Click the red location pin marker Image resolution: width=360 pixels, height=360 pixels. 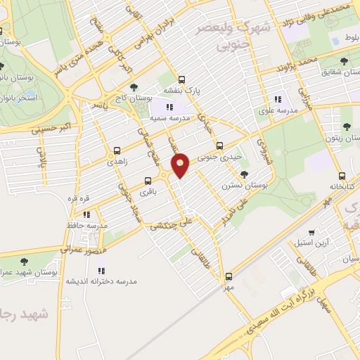click(x=181, y=165)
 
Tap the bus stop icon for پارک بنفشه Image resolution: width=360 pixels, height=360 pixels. click(x=182, y=79)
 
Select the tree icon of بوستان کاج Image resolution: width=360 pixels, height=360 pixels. click(x=114, y=87)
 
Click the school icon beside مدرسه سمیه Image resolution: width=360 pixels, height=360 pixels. click(x=169, y=107)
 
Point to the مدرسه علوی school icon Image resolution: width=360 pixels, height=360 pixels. click(x=278, y=99)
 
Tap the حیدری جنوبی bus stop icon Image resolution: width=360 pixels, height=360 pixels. click(x=219, y=146)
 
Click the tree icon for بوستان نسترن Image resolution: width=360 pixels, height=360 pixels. click(x=244, y=174)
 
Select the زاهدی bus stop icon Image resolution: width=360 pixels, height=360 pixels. click(x=117, y=150)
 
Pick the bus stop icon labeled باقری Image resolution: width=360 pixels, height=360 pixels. click(x=147, y=180)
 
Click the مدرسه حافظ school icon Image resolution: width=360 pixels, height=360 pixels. click(x=86, y=214)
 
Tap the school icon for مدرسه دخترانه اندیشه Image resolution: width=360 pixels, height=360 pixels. click(x=101, y=269)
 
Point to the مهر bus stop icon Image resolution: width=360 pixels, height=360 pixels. click(x=229, y=276)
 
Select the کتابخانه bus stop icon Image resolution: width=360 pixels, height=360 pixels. click(x=342, y=176)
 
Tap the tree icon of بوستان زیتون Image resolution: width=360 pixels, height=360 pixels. click(x=347, y=127)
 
